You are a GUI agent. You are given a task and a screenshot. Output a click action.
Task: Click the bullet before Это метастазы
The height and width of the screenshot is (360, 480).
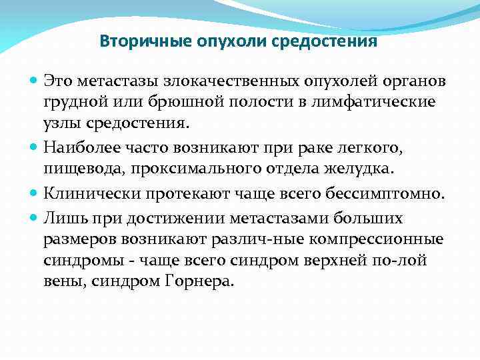(x=35, y=81)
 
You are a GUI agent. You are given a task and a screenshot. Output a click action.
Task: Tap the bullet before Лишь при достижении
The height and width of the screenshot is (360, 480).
(x=35, y=218)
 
